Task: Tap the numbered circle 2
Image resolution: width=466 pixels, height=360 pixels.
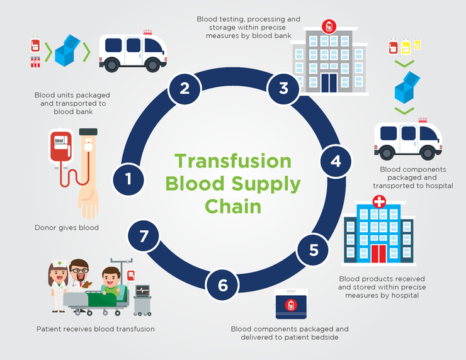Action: [x=185, y=87]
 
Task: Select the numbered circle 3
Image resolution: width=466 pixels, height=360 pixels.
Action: [x=283, y=87]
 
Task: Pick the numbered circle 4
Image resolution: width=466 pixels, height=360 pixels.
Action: [x=336, y=161]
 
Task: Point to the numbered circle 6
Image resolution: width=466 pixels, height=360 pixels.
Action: [x=223, y=285]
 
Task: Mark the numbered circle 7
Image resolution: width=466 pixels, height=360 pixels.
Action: [x=144, y=237]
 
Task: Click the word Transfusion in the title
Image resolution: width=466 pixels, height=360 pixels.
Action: [x=233, y=161]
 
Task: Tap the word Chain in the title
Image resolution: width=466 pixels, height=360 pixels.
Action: [x=232, y=206]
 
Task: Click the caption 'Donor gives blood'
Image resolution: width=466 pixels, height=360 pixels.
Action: [x=66, y=228]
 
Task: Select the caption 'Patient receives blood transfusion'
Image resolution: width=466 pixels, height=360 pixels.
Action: [x=95, y=329]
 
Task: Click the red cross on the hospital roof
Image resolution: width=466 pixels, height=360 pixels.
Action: [x=379, y=202]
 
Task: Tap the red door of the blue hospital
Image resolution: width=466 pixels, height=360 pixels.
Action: [x=378, y=254]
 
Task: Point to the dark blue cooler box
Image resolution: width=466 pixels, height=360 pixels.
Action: [x=290, y=306]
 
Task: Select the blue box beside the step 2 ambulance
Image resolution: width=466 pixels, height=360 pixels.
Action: [x=68, y=49]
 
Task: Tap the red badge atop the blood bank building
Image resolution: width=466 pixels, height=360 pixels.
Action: [x=327, y=26]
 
